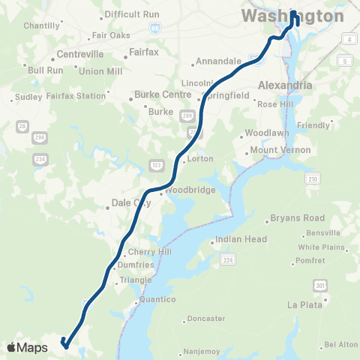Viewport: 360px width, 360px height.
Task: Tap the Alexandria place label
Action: (285, 85)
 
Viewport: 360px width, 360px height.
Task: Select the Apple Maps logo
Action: (27, 347)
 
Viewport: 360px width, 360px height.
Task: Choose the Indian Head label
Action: (241, 240)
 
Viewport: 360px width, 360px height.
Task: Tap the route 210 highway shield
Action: (311, 178)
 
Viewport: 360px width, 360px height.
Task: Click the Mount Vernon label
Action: (274, 150)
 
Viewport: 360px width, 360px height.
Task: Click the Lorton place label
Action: (201, 159)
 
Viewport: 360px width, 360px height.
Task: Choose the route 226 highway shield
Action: (227, 259)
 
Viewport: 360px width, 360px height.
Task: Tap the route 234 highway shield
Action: (40, 159)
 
